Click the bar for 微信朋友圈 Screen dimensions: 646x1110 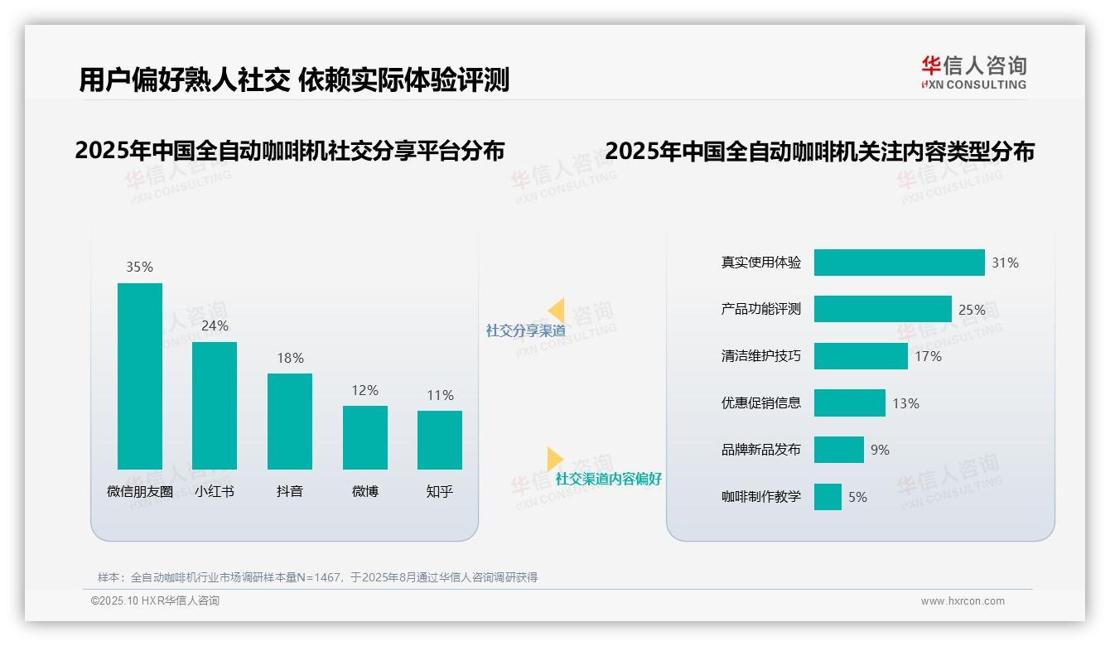[x=140, y=376]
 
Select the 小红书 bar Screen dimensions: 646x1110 [x=215, y=406]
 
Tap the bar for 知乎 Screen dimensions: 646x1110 [x=440, y=440]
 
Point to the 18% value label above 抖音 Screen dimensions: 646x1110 [x=290, y=358]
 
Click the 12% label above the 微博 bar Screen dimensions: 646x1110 [x=364, y=390]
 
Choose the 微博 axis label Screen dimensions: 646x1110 [x=364, y=491]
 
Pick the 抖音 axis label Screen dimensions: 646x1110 [x=290, y=491]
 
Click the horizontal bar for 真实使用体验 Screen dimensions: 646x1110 [x=899, y=263]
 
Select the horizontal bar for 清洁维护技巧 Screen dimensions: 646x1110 [x=861, y=356]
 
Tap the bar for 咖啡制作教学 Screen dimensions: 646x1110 [x=828, y=497]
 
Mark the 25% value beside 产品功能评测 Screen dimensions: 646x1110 [x=972, y=310]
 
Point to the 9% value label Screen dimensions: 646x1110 [x=880, y=450]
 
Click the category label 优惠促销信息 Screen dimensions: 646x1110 [x=761, y=403]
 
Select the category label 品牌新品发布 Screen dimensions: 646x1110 [x=761, y=450]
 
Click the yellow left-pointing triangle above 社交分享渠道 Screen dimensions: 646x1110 [x=557, y=310]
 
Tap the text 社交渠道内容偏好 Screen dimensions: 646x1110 [x=608, y=479]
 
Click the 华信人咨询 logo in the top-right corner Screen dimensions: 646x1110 [x=973, y=72]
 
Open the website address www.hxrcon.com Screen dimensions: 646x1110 [x=963, y=601]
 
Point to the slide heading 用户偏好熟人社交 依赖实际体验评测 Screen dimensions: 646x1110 [x=294, y=80]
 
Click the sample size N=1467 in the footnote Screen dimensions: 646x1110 [x=318, y=577]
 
